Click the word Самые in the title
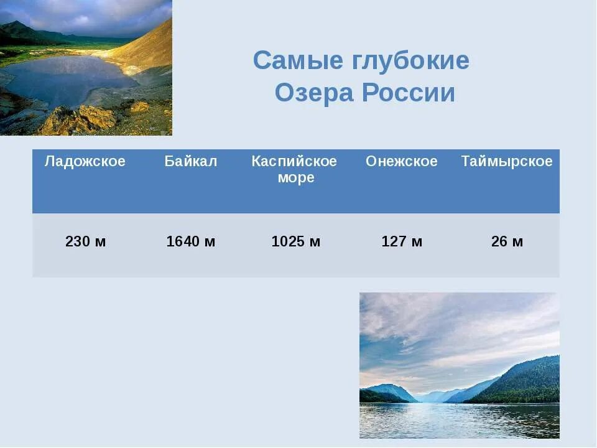290,61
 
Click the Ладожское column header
85,162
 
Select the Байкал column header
191,162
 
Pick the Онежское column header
402,162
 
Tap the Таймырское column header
507,162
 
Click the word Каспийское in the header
294,162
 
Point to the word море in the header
297,178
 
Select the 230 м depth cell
86,242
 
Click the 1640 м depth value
191,242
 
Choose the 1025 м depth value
296,242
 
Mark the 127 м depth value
402,242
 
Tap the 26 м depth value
507,242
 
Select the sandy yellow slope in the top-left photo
146,50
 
